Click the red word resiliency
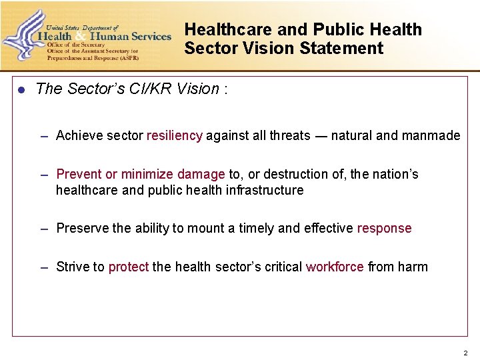point(174,136)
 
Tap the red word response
point(384,229)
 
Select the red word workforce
point(335,267)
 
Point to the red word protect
point(128,267)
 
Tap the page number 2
point(465,352)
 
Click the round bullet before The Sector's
point(21,90)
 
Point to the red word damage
point(201,175)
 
